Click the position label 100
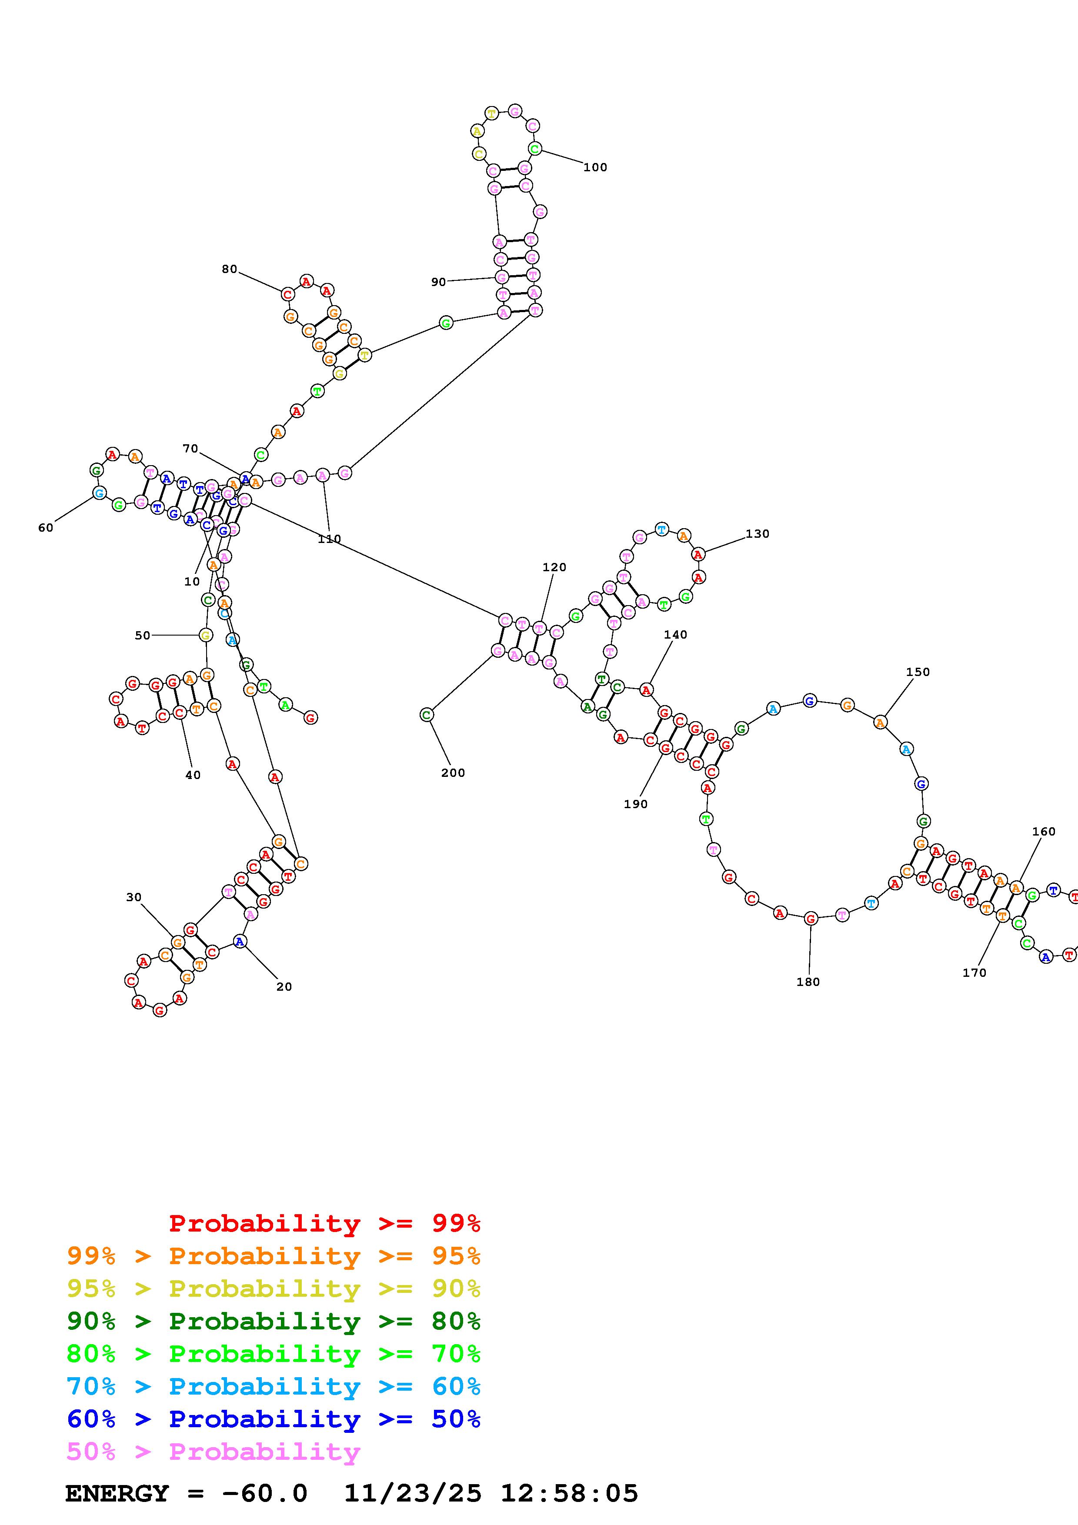595,167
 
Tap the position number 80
229,269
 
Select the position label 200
453,772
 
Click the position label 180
808,982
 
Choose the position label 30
133,897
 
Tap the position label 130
757,533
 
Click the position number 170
975,972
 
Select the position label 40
193,775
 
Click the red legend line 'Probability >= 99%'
325,1223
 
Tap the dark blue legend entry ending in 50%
274,1419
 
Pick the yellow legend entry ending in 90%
274,1289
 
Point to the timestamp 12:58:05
569,1493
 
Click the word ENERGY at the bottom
117,1493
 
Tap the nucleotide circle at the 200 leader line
427,715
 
